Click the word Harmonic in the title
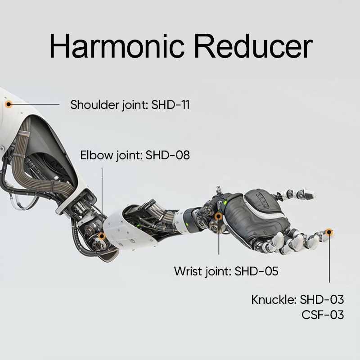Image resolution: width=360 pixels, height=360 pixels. (x=117, y=46)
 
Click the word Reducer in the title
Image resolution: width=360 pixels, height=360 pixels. (x=253, y=46)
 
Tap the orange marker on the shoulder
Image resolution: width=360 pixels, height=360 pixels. (x=9, y=104)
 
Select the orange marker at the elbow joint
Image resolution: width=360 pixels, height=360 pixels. (x=102, y=236)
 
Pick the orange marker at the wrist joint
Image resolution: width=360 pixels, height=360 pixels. (x=219, y=216)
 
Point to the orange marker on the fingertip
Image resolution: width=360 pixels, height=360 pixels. (x=329, y=232)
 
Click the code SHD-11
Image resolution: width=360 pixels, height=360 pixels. (x=171, y=105)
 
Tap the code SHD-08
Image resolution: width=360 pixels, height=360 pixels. (x=167, y=155)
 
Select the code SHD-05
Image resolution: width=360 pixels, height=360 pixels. (x=256, y=271)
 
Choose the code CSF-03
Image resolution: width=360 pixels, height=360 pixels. (x=323, y=315)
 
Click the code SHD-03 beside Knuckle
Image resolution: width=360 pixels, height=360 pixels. (x=322, y=300)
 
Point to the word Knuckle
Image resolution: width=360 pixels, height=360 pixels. (x=273, y=300)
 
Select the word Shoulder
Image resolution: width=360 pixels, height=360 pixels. (x=95, y=105)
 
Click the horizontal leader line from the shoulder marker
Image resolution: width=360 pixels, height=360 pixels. (x=36, y=104)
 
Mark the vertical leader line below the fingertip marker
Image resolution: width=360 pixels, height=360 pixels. (x=329, y=259)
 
